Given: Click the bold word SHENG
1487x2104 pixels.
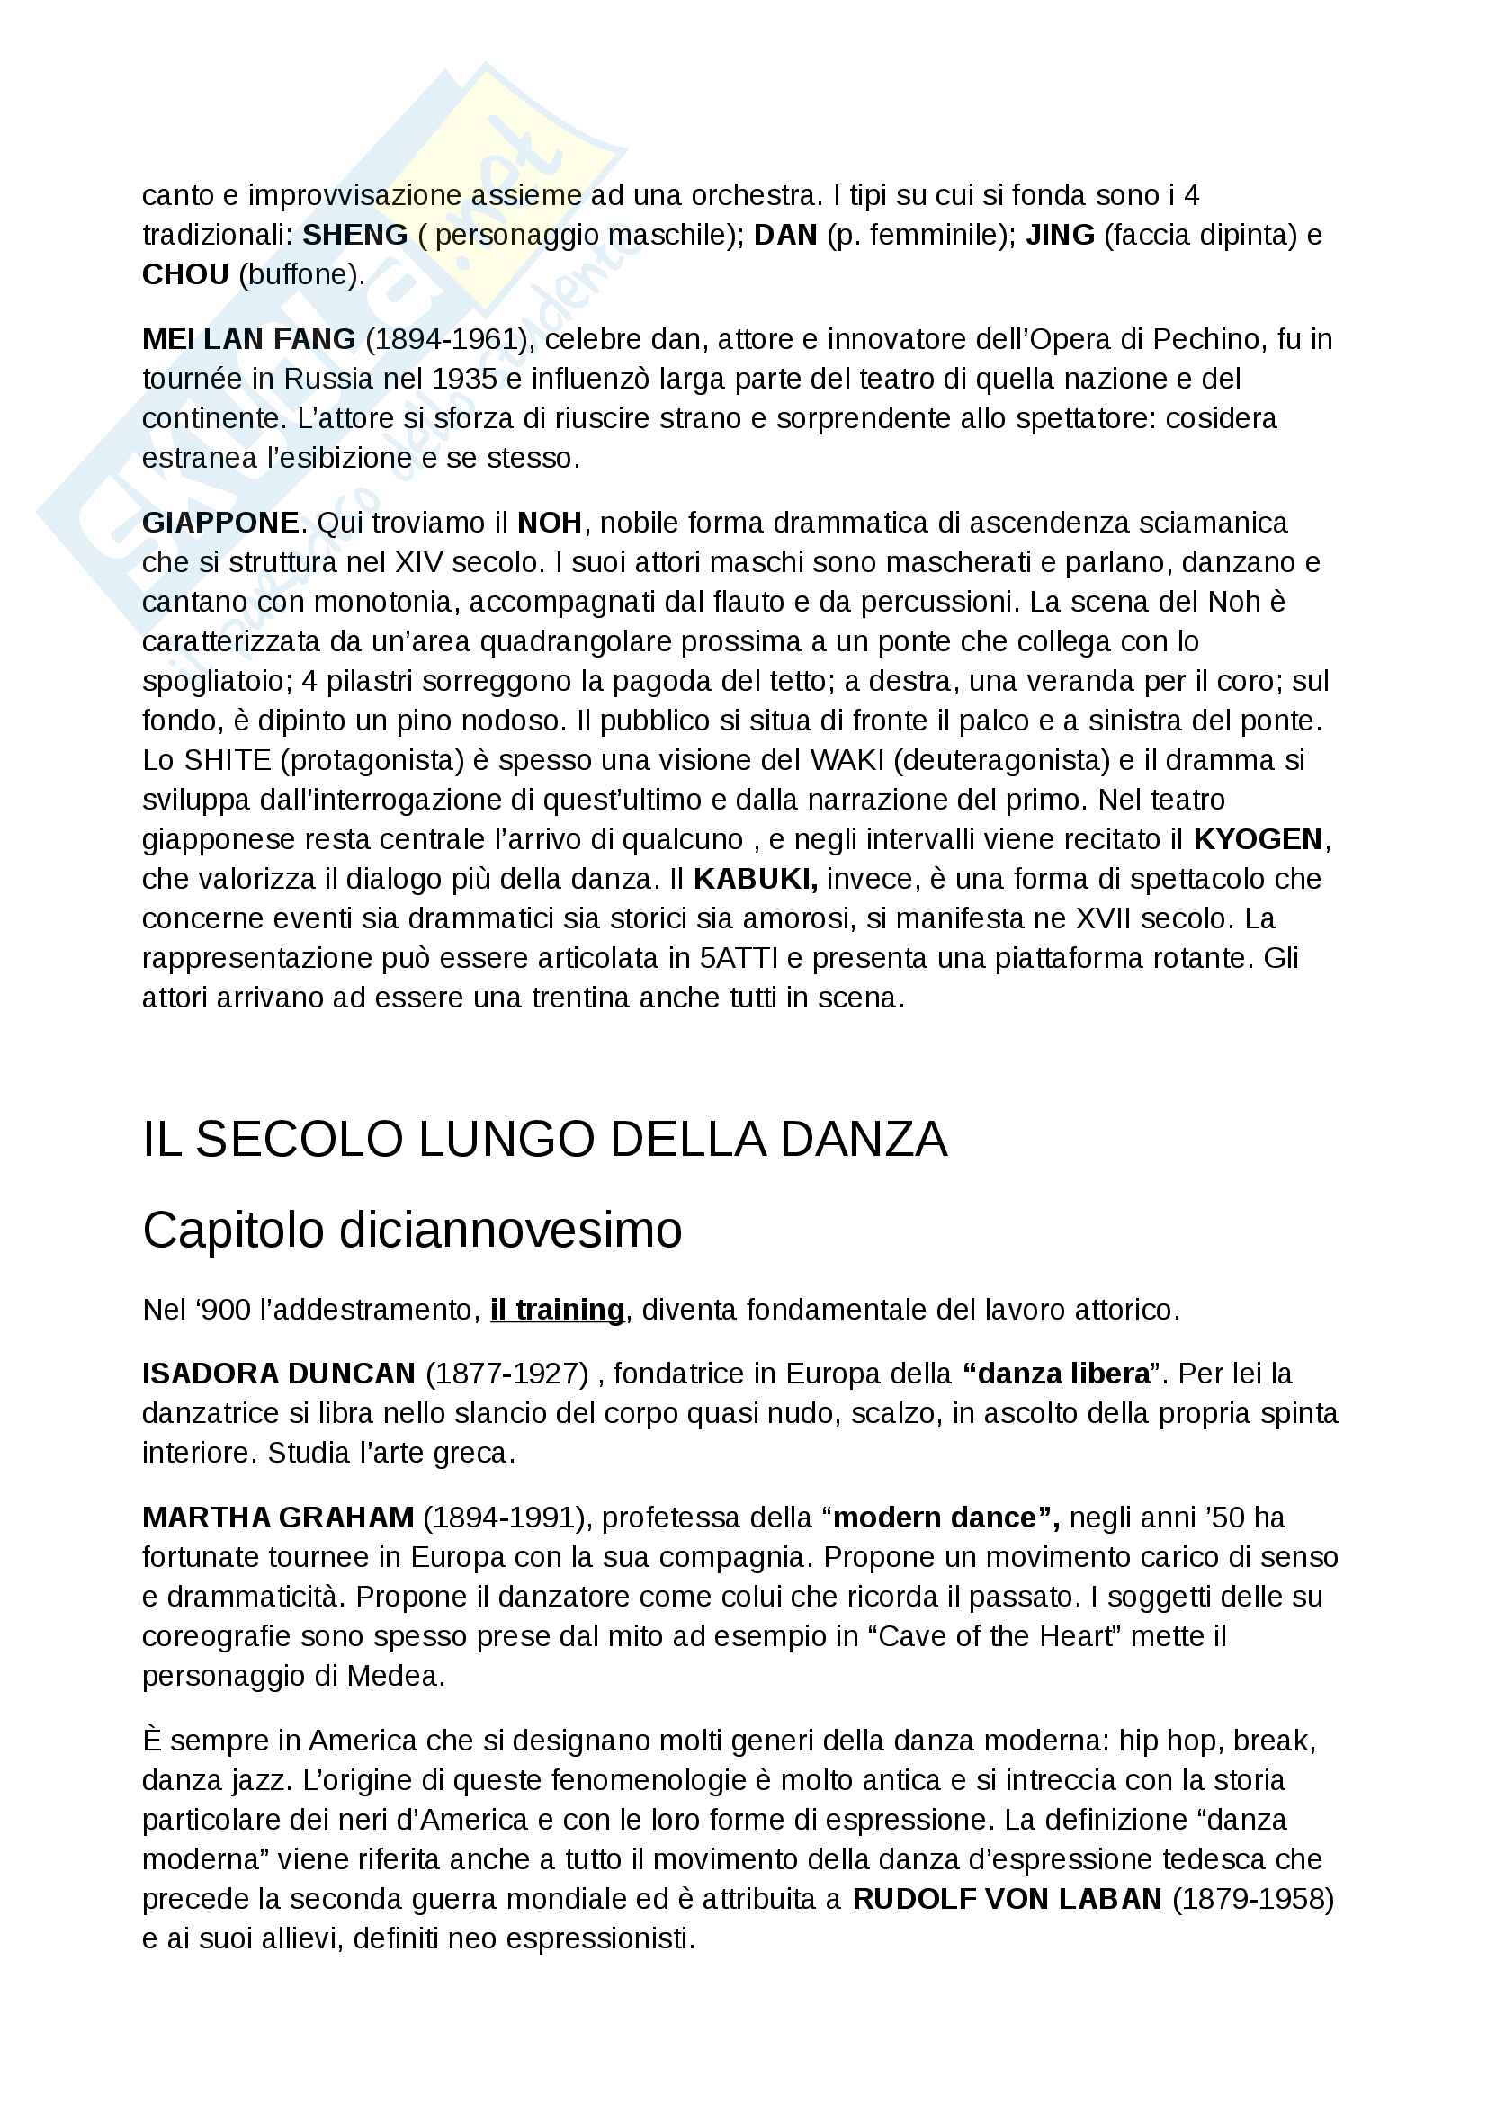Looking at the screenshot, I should pos(354,236).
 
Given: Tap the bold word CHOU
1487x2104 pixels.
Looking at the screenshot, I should pos(185,275).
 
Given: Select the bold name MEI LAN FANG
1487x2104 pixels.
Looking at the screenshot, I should pos(248,340).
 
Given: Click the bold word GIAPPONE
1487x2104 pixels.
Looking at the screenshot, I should pos(219,524).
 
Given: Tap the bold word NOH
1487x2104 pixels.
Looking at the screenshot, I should pos(549,524).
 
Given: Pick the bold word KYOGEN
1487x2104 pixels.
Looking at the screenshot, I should pos(1257,839).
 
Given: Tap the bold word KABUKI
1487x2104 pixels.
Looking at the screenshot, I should pos(755,879).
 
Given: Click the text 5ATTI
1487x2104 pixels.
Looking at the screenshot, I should pos(739,959).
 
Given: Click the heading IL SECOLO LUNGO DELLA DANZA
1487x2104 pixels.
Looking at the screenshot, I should pos(544,1139).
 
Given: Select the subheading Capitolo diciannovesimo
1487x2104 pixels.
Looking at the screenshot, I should pos(412,1230).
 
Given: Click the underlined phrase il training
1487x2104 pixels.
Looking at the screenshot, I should pos(557,1310).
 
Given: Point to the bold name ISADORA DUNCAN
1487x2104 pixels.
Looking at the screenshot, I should pos(279,1374).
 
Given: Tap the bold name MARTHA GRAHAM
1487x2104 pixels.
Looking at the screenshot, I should pos(278,1518).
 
